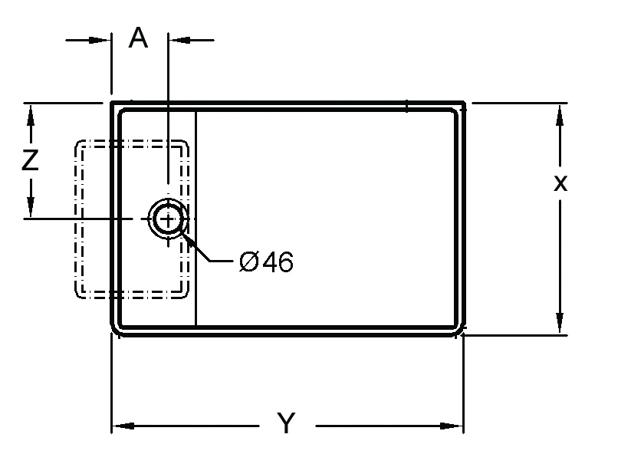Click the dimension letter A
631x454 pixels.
click(x=138, y=38)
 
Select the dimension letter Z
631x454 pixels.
click(x=30, y=160)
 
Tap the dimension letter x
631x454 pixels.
click(x=560, y=183)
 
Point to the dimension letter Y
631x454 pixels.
click(x=286, y=423)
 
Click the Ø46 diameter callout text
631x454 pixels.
click(x=266, y=262)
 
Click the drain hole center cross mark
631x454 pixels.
click(x=168, y=219)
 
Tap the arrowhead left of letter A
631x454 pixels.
click(x=99, y=40)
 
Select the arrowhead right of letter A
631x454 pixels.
click(x=180, y=40)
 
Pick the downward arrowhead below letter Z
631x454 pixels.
click(x=30, y=206)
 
